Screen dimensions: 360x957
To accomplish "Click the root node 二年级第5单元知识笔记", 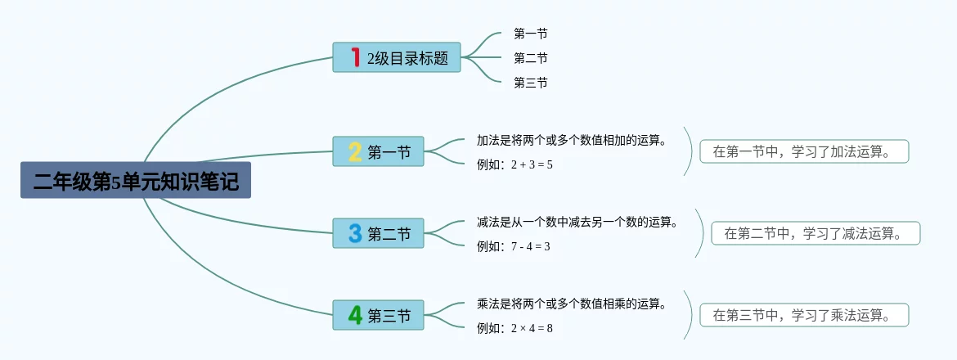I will (136, 181).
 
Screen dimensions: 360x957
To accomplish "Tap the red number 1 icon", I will (355, 57).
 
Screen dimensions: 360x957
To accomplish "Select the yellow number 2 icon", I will (355, 151).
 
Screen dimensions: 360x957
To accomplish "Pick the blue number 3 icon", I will (355, 233).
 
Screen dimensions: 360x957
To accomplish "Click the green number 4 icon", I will (355, 315).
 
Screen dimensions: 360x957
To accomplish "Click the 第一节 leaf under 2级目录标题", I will (530, 34).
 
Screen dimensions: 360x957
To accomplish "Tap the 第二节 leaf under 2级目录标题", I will (530, 58).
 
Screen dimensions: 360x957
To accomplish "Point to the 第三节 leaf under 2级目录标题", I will (530, 83).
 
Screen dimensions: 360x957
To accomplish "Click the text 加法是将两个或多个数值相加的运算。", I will (572, 140).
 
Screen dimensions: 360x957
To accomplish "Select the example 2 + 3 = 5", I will (515, 164).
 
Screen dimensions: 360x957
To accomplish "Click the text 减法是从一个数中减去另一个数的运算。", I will (577, 222).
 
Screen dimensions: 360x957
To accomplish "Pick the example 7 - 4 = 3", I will (514, 246).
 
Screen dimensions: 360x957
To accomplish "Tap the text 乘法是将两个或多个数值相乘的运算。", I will (572, 304).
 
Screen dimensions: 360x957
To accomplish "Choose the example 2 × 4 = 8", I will (515, 328).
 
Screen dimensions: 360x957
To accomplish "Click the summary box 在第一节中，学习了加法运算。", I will (804, 151).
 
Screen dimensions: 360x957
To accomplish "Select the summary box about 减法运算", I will (815, 233).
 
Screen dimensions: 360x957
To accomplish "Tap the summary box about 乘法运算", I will (804, 315).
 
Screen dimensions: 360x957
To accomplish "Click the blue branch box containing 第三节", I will (379, 315).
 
